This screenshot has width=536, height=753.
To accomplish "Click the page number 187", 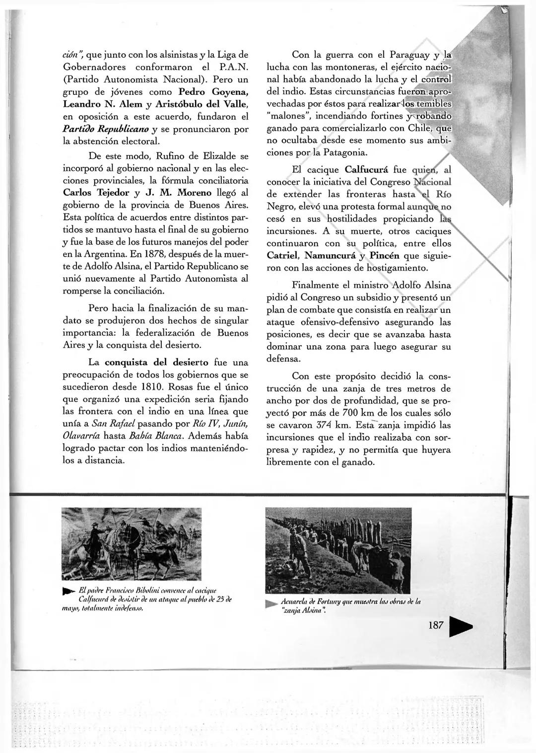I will tap(435, 625).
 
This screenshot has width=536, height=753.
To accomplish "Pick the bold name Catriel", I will tap(283, 256).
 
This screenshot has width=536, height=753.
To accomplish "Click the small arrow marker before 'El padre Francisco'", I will tap(68, 592).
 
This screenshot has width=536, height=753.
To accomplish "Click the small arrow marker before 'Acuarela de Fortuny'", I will tap(271, 603).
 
